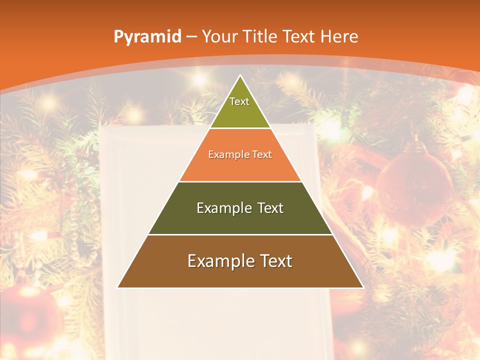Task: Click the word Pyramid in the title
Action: (147, 36)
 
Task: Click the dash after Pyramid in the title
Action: (191, 37)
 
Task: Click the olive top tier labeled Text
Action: (240, 107)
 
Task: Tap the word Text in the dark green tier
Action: (267, 208)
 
